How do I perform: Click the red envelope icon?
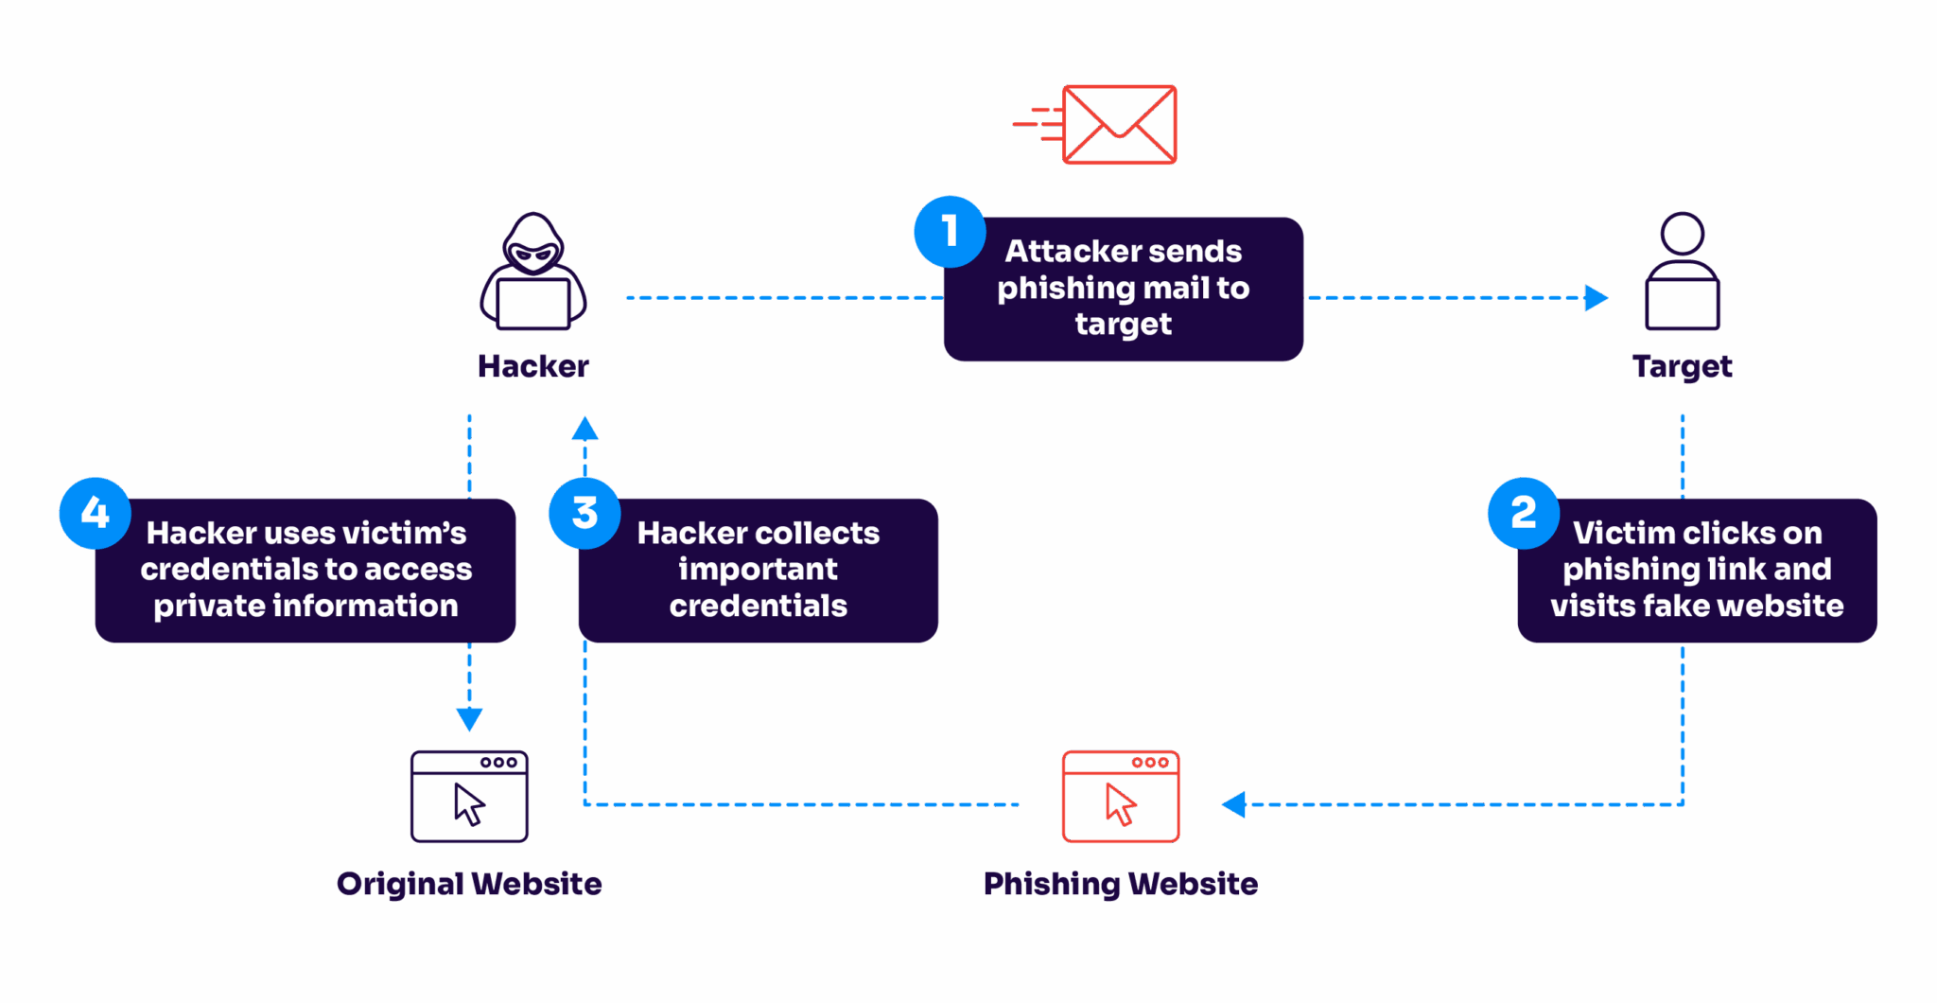tap(1119, 125)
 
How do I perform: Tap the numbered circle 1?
tap(950, 231)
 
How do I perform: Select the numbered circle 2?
tap(1523, 513)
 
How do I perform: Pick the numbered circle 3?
tap(585, 513)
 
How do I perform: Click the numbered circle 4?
tap(95, 513)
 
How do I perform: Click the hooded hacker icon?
tap(533, 273)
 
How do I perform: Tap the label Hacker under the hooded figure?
tap(533, 366)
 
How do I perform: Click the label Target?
tap(1682, 366)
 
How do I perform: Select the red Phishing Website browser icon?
tap(1121, 797)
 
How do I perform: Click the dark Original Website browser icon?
tap(469, 797)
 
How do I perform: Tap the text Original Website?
tap(469, 884)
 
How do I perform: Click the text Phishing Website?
tap(1121, 884)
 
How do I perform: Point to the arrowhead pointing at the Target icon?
tap(1596, 298)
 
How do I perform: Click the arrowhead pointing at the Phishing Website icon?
tap(1234, 804)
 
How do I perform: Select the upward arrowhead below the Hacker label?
tap(585, 430)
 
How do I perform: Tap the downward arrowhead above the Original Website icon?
tap(469, 719)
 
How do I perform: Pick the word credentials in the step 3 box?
tap(759, 606)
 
